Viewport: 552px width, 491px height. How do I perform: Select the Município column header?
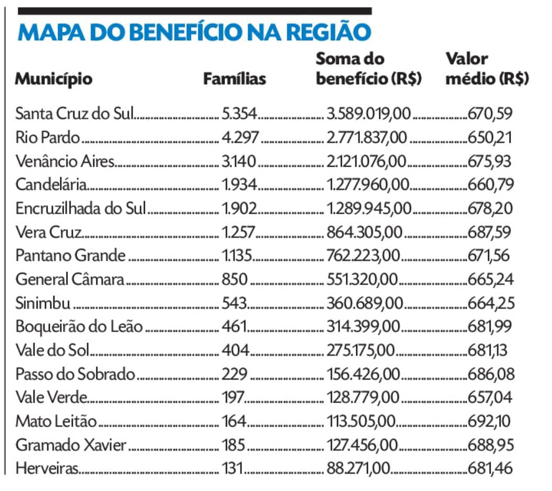coord(53,79)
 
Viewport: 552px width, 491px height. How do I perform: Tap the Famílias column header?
coord(234,79)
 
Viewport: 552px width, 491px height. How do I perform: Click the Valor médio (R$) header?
coord(487,68)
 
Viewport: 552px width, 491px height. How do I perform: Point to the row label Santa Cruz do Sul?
coord(75,113)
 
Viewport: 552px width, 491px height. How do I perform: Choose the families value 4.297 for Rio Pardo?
coord(240,137)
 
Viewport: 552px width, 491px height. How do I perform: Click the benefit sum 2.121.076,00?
coord(366,161)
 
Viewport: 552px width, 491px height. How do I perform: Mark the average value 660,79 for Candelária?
coord(491,185)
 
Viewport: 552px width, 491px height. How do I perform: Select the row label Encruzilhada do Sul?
coord(81,208)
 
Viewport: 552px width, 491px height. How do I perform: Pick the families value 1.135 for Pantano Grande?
coord(238,255)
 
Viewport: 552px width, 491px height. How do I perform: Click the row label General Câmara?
coord(70,279)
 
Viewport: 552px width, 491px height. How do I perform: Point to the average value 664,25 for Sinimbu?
coord(491,303)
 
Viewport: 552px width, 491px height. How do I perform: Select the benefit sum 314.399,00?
coord(364,326)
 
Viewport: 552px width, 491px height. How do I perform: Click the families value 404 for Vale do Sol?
coord(235,350)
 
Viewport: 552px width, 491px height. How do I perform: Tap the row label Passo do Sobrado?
coord(75,374)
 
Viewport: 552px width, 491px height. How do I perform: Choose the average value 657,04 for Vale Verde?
coord(491,397)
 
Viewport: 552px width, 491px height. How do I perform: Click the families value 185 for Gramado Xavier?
coord(233,445)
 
